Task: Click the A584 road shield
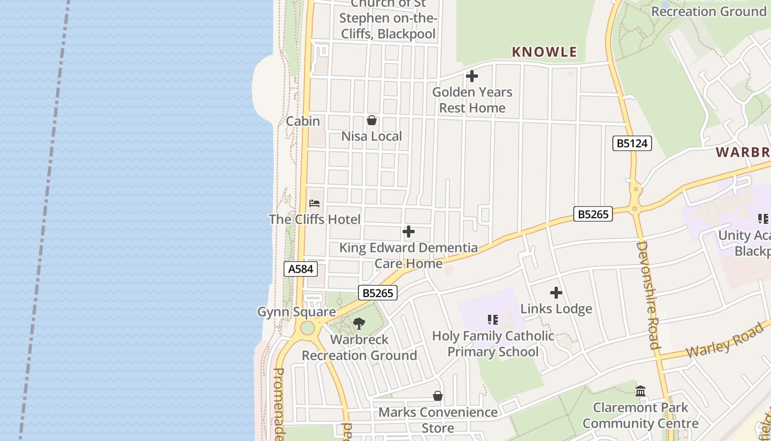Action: point(301,269)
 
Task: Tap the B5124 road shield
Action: point(632,144)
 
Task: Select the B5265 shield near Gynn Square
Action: point(378,293)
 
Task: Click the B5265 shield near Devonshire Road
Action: point(593,214)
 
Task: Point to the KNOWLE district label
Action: point(544,52)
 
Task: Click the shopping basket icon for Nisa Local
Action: point(372,120)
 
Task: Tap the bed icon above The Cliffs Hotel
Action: point(314,203)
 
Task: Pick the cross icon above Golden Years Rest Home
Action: point(472,76)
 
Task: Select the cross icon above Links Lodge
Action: point(556,293)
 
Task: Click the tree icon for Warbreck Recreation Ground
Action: point(359,324)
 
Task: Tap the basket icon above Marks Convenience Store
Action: point(437,396)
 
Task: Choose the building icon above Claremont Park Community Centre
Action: point(640,391)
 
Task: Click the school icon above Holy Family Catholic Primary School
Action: point(492,320)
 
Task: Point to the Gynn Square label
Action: point(296,312)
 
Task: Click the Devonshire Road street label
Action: point(648,295)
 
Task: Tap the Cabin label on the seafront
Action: point(303,121)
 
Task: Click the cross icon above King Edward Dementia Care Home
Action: point(408,232)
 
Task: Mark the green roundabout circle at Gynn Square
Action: point(307,328)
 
